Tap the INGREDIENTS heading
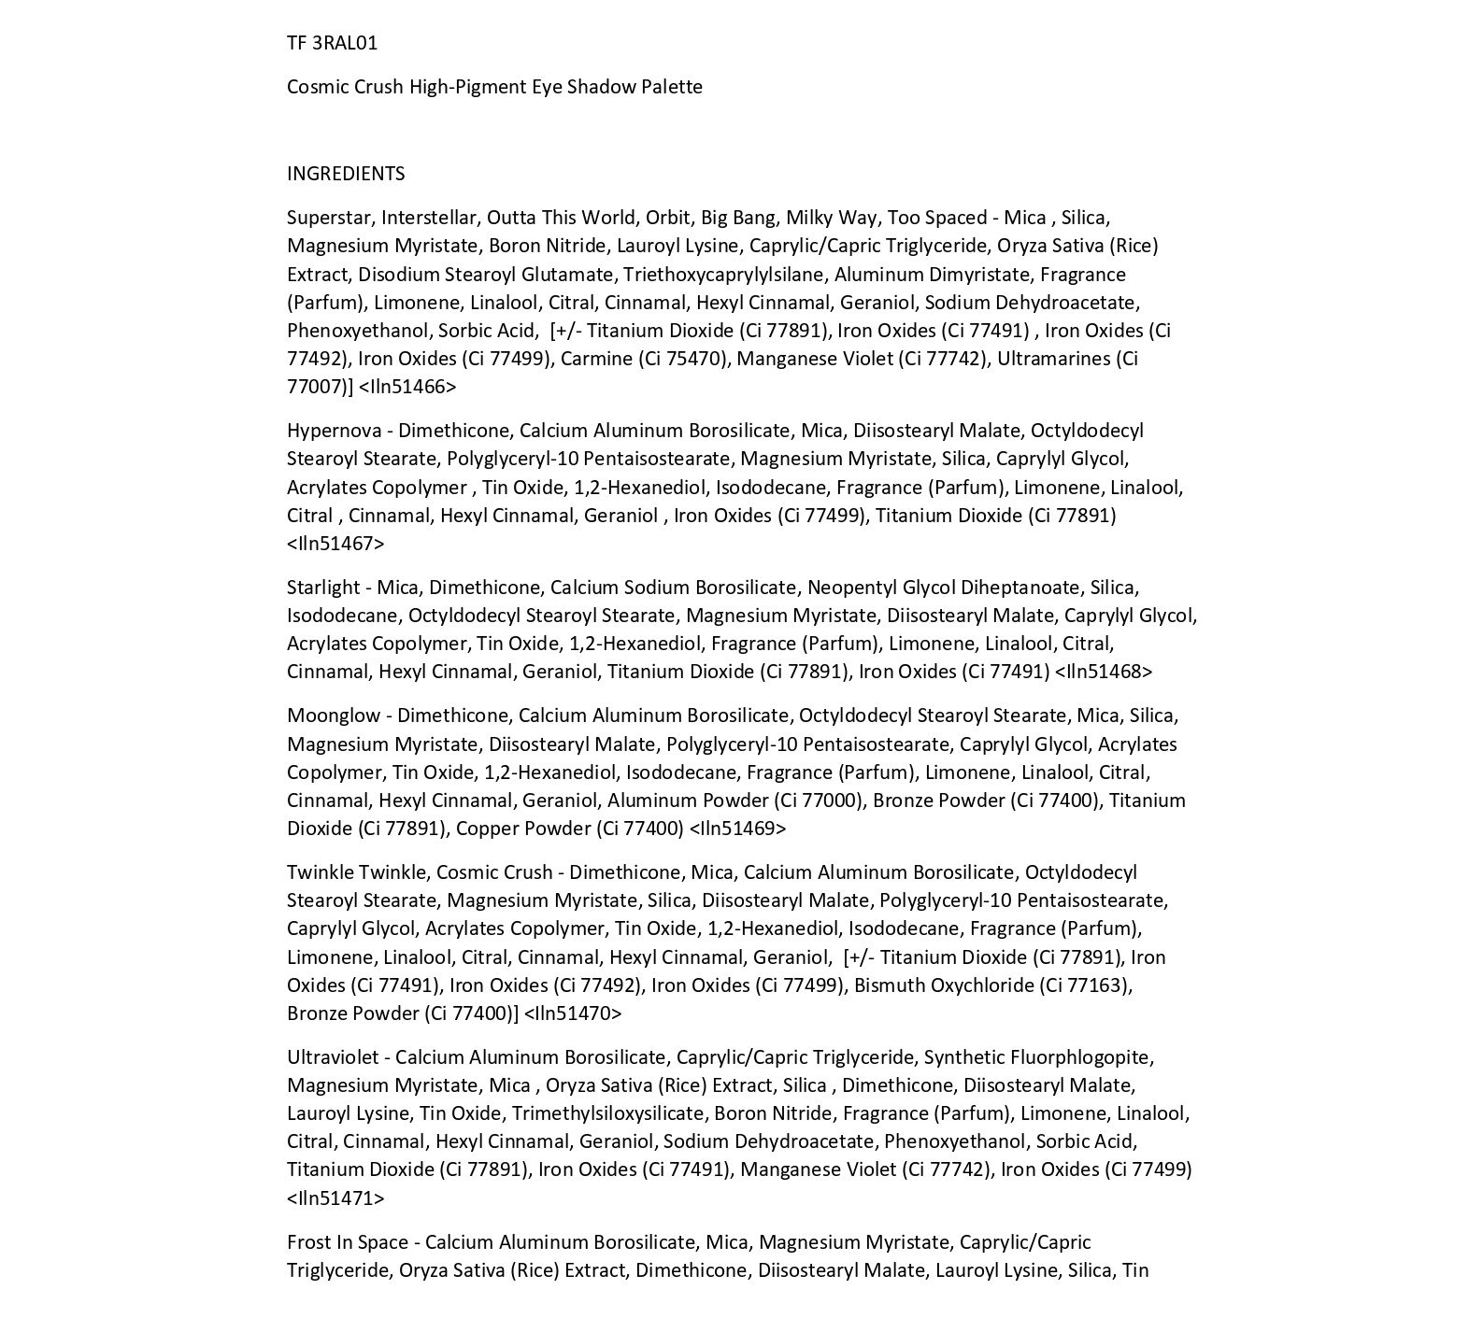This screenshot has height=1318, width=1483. click(x=346, y=174)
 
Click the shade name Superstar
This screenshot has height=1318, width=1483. click(x=329, y=218)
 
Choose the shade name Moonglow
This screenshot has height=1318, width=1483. click(x=334, y=716)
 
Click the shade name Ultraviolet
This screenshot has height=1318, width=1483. click(x=333, y=1057)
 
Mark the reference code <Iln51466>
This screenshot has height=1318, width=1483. click(x=407, y=387)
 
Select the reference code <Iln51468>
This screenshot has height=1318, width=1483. click(x=1104, y=672)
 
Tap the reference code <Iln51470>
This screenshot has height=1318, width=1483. click(x=573, y=1013)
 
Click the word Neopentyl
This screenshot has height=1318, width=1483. click(x=848, y=588)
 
